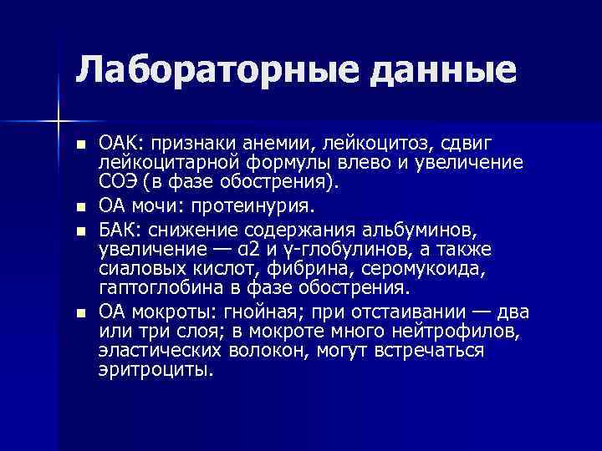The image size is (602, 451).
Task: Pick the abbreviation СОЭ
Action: pyautogui.click(x=120, y=181)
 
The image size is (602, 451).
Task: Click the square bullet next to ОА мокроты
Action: pyautogui.click(x=80, y=313)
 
